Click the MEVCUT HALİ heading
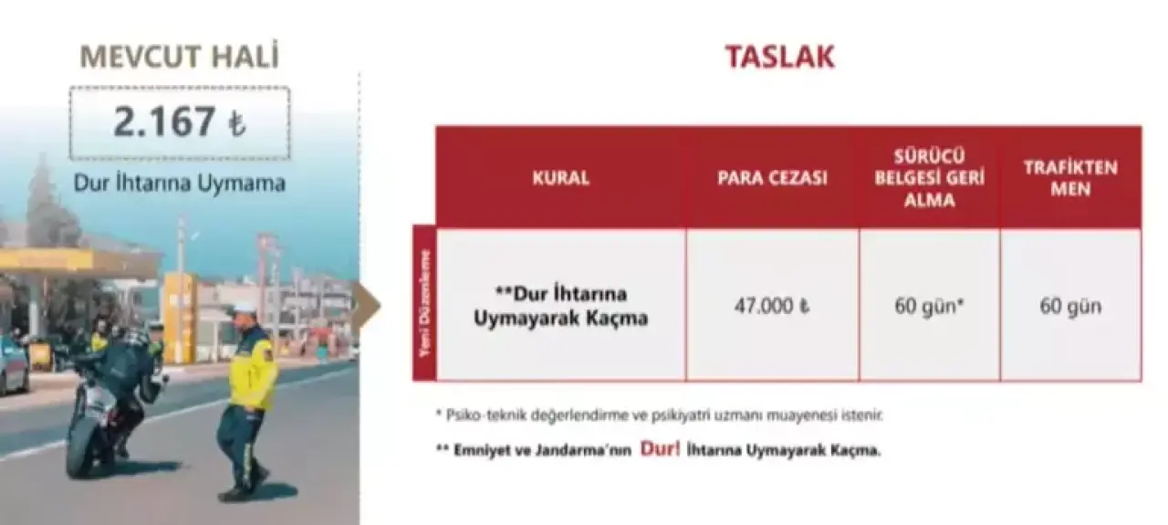[x=180, y=57]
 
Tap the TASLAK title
[x=780, y=57]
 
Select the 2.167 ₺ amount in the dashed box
[x=180, y=122]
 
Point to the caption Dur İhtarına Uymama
[x=180, y=184]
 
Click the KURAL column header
[x=560, y=178]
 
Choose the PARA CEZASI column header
[x=772, y=178]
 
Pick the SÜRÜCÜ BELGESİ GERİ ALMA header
[x=930, y=178]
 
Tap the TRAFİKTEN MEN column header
[x=1070, y=178]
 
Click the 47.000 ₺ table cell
[x=772, y=306]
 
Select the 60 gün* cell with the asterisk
[x=930, y=306]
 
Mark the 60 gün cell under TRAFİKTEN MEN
[x=1070, y=306]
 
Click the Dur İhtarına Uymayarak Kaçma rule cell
[x=560, y=306]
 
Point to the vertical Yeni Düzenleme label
[x=425, y=304]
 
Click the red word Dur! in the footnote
[x=660, y=449]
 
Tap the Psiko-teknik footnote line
[x=660, y=415]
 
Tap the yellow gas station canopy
[x=78, y=263]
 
